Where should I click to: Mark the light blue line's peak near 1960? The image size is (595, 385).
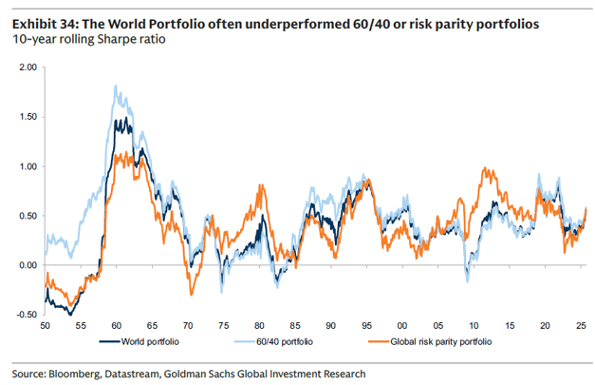[115, 87]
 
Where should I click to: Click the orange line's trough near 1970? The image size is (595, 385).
[190, 293]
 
